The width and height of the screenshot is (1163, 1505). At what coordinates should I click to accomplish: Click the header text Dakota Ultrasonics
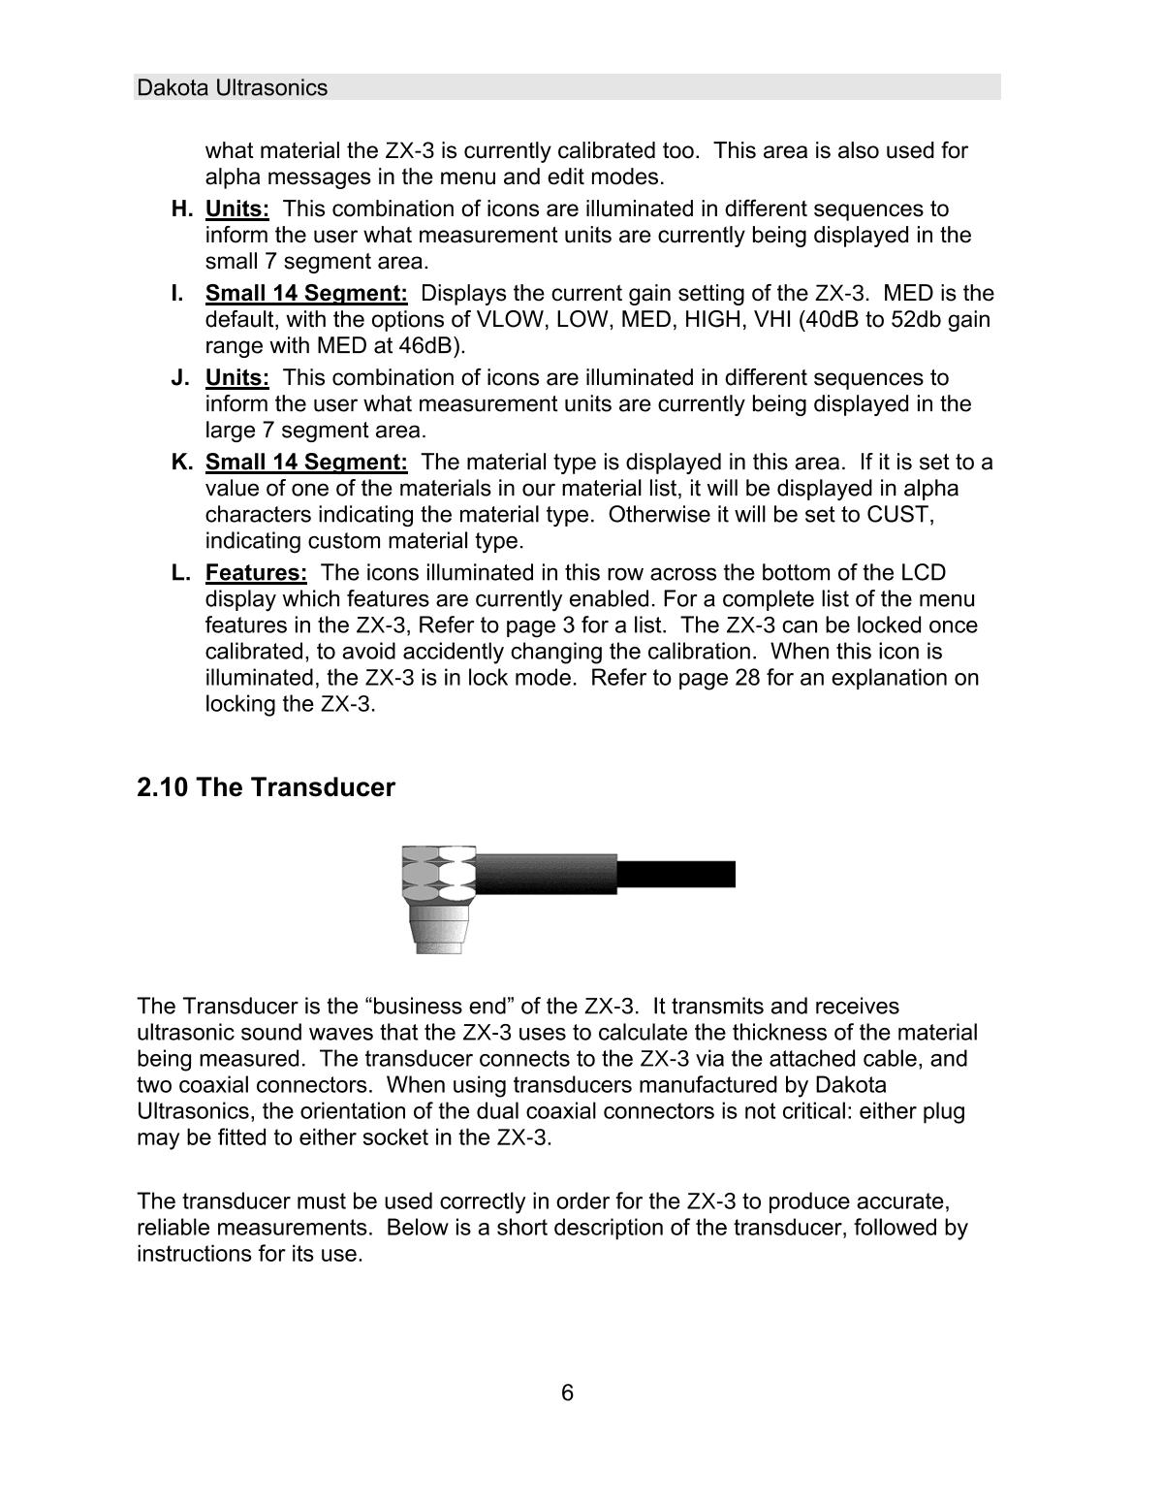[x=233, y=88]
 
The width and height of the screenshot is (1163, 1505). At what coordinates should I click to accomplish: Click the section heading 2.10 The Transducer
[x=267, y=787]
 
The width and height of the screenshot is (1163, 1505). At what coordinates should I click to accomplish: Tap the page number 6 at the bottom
[x=567, y=1393]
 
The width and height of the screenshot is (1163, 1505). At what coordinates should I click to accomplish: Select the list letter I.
[x=177, y=294]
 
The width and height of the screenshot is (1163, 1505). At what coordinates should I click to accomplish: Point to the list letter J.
[x=179, y=378]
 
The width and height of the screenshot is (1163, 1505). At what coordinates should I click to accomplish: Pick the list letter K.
[x=181, y=463]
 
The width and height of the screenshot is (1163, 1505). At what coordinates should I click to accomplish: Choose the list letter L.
[x=180, y=573]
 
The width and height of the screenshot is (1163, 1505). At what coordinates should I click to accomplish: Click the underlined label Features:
[x=256, y=573]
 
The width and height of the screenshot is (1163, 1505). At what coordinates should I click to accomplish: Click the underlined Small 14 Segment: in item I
[x=306, y=294]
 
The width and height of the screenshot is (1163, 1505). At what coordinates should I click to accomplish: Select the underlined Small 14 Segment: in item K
[x=306, y=463]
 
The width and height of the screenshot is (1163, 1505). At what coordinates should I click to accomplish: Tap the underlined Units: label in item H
[x=236, y=209]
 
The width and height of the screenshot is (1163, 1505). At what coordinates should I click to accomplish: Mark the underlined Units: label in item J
[x=236, y=378]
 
